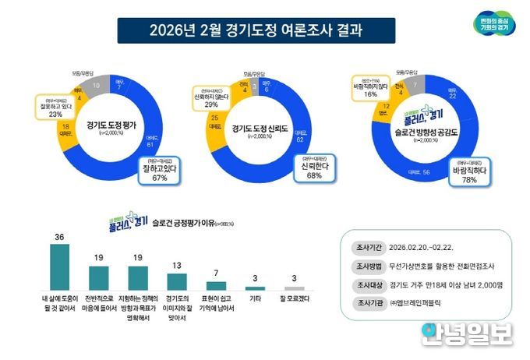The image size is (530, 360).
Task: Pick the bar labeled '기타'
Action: point(255,288)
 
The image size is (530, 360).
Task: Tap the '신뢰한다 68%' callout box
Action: point(314,171)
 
